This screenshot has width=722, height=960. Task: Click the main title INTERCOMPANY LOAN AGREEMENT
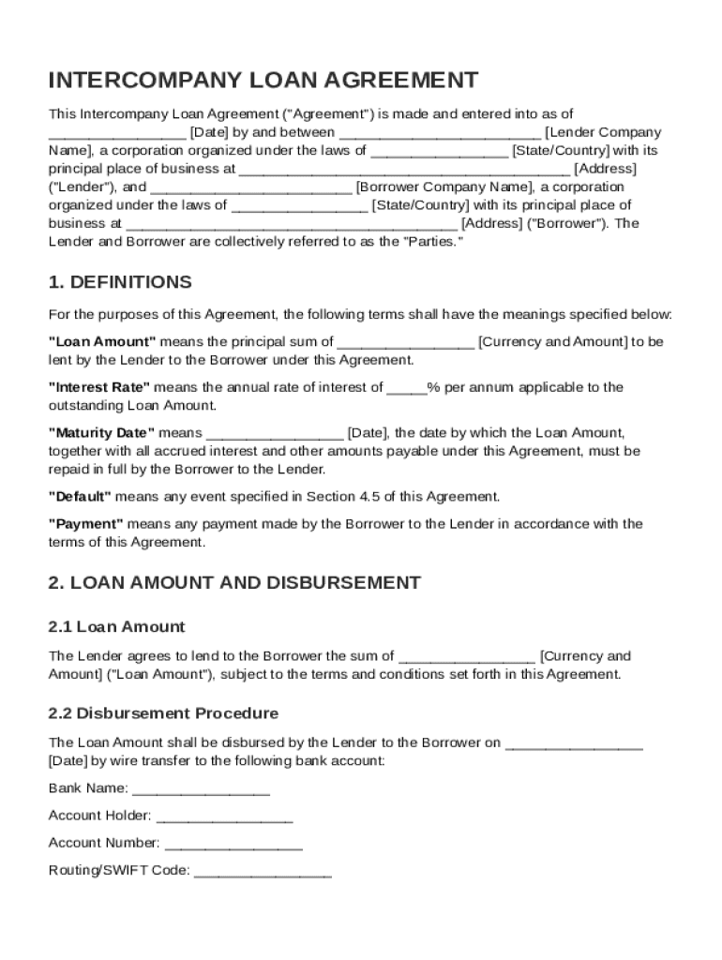point(263,80)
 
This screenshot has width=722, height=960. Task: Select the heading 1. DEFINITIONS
point(120,282)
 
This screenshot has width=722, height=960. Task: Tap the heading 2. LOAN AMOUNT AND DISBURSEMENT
point(234,582)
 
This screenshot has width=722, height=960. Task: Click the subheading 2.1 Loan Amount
point(116,626)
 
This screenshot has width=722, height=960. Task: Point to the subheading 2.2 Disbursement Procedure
point(163,712)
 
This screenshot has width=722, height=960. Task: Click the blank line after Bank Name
point(202,789)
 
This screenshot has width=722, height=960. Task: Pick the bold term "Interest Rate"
point(98,387)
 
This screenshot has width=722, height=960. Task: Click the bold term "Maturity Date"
point(101,433)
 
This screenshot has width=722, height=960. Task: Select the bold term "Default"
point(80,497)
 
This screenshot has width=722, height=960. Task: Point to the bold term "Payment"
point(85,524)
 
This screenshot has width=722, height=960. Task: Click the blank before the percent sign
point(407,387)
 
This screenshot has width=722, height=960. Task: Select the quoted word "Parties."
point(433,241)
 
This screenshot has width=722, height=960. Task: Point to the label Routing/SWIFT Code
point(119,871)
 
